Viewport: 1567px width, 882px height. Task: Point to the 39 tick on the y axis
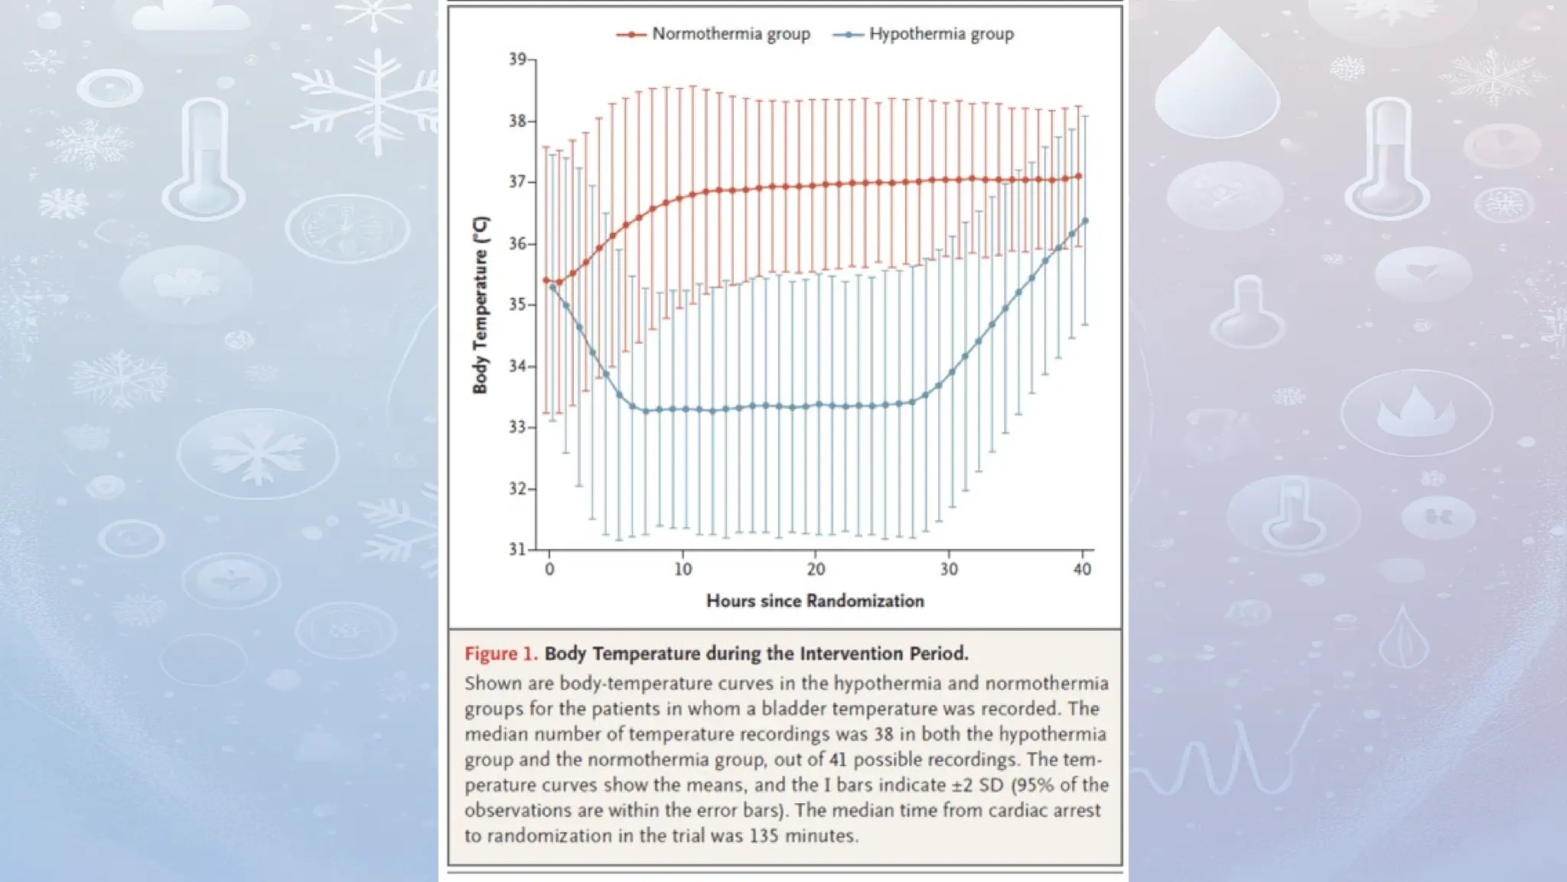tap(518, 60)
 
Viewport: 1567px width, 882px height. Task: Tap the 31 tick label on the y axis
tap(518, 549)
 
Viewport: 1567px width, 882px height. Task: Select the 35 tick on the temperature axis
tap(518, 305)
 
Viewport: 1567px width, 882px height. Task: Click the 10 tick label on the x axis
tap(683, 569)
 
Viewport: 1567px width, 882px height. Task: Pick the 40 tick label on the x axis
tap(1082, 569)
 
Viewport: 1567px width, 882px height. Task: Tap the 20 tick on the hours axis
tap(816, 569)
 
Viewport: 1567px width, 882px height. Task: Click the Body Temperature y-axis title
tap(480, 305)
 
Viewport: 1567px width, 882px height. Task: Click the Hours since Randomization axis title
tap(815, 601)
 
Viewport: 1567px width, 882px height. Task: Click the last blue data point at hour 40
tap(1085, 221)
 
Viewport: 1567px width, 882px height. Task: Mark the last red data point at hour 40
tap(1079, 176)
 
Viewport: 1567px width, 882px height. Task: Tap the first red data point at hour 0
tap(546, 280)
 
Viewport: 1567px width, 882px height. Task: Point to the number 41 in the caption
tap(839, 759)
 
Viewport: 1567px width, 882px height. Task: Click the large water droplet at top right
tap(1217, 84)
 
